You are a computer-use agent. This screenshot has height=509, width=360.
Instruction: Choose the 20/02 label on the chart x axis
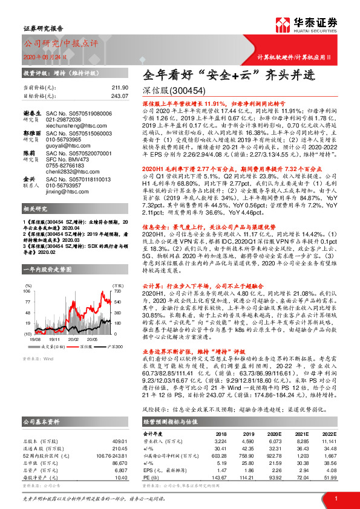[x=74, y=340]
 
